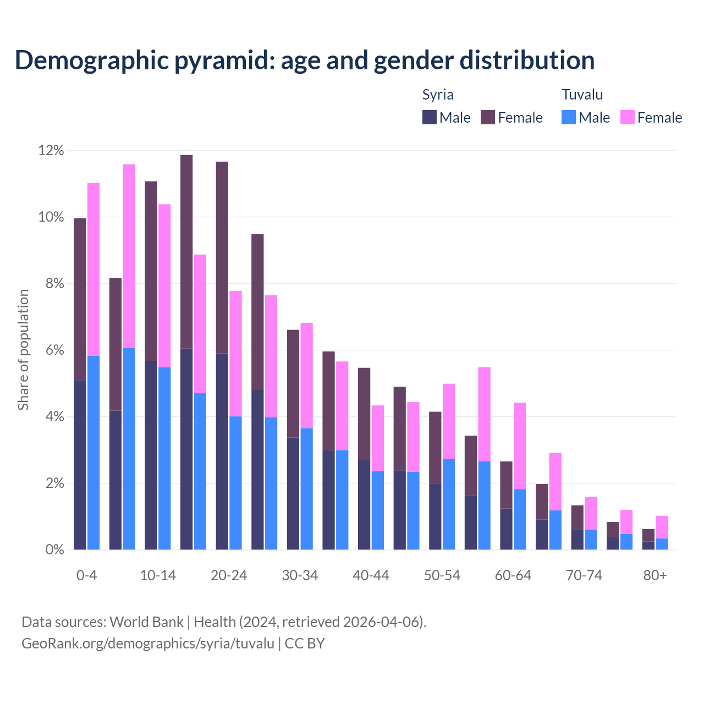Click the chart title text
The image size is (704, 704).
(x=305, y=61)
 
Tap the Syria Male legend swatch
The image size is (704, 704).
(x=430, y=117)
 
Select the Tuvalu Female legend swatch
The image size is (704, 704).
(x=628, y=117)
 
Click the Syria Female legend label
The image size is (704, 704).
(x=520, y=118)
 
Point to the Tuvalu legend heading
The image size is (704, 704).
(x=582, y=95)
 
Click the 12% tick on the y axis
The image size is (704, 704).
(x=51, y=151)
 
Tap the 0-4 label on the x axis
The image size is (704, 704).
(x=86, y=575)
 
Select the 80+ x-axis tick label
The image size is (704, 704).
(x=655, y=575)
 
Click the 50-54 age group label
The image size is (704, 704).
(x=442, y=575)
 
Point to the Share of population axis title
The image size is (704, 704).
(x=23, y=350)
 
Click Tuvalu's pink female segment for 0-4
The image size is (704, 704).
(x=94, y=269)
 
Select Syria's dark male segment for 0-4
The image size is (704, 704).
(x=80, y=465)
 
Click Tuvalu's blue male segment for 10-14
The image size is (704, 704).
(x=164, y=458)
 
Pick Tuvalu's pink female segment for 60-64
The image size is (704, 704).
(x=520, y=446)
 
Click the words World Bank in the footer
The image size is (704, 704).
(x=146, y=622)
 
